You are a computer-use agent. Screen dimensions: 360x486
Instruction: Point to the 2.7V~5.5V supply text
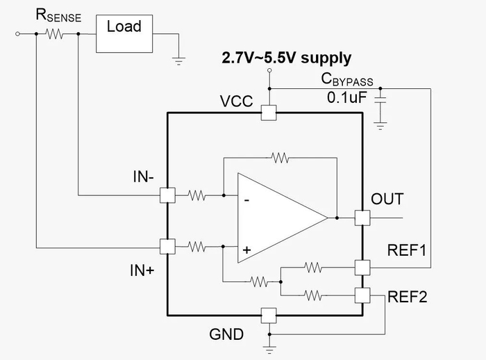click(286, 58)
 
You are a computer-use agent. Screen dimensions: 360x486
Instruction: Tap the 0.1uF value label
click(346, 97)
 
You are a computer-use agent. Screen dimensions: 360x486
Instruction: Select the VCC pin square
click(268, 113)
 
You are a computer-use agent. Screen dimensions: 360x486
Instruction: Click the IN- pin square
click(167, 196)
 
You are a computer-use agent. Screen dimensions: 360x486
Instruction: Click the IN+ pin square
click(167, 246)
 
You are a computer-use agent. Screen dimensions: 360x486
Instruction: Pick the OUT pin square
click(362, 218)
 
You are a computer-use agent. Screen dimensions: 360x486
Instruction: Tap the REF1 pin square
click(362, 268)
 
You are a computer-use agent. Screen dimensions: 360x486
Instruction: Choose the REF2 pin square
click(362, 295)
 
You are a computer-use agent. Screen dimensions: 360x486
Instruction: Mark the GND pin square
click(268, 316)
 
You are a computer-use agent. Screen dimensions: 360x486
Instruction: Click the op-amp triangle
click(278, 218)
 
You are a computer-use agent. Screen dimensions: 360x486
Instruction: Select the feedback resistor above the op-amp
click(280, 158)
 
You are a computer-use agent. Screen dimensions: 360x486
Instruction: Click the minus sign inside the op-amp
click(247, 200)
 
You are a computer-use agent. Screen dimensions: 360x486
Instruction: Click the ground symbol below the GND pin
click(268, 342)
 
